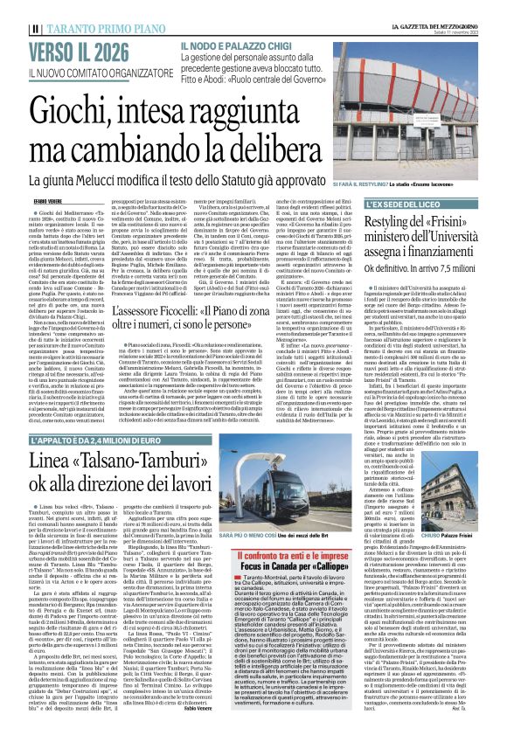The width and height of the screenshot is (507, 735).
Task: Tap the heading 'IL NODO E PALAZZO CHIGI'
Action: (234, 44)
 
